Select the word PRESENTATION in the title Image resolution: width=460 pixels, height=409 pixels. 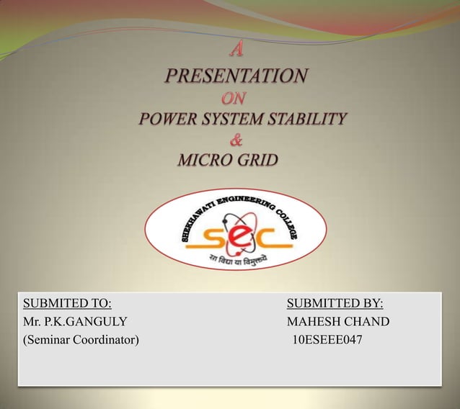236,75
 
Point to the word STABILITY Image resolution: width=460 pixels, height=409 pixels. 306,119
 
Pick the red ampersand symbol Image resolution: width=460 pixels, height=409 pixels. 236,139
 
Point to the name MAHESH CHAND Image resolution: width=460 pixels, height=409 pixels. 337,321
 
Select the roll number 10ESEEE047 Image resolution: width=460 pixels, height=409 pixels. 327,339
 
